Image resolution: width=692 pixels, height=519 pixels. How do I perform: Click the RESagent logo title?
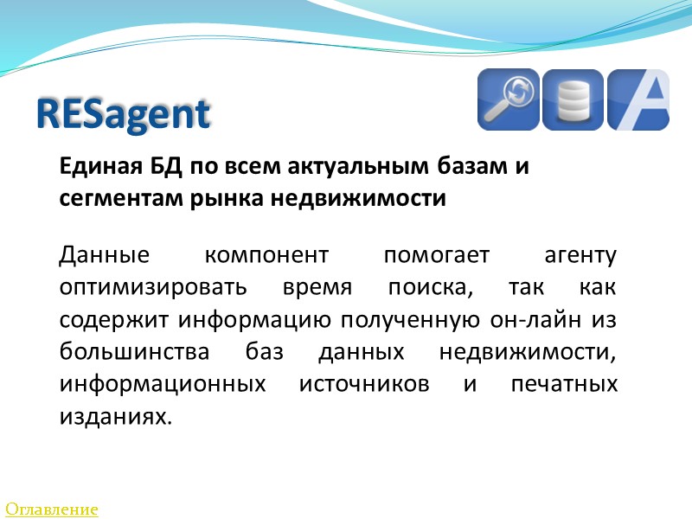(124, 114)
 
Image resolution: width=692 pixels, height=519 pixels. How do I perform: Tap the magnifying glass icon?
(509, 99)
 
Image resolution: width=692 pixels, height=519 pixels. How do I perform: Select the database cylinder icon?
(573, 99)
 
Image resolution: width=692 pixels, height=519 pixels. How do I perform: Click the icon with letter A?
(638, 99)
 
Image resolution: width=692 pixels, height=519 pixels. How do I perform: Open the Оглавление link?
(52, 509)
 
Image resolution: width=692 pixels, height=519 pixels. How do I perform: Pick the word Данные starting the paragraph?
(105, 256)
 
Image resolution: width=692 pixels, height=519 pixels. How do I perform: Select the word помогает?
(437, 256)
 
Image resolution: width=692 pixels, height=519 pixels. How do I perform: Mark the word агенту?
(580, 256)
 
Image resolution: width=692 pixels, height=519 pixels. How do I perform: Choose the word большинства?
(129, 352)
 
